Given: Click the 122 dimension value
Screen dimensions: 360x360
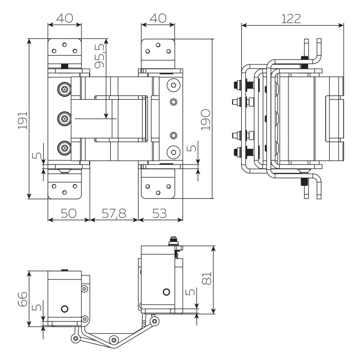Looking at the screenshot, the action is (x=291, y=19).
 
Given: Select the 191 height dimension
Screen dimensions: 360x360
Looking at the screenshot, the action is (x=23, y=121).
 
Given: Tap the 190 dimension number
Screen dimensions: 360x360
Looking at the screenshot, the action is (x=206, y=120).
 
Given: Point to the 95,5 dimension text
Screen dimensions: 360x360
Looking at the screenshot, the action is (x=99, y=56).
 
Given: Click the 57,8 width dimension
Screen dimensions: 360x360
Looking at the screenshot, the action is (x=114, y=213).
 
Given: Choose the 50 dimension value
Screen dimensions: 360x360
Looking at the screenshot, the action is (x=68, y=213).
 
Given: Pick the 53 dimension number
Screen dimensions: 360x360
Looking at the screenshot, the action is (x=159, y=213).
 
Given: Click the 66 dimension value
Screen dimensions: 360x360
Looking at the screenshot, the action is (x=22, y=299).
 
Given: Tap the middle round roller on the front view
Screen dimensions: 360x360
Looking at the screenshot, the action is (x=64, y=119).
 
